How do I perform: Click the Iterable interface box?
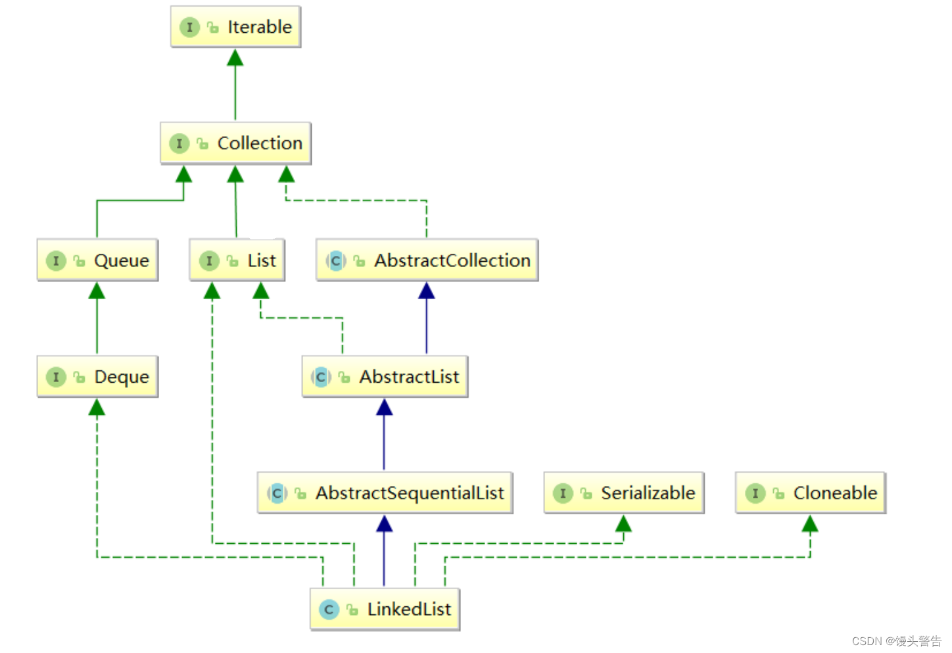click(235, 27)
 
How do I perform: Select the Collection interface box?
click(235, 143)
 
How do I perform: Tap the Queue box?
click(97, 260)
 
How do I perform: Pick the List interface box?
click(237, 260)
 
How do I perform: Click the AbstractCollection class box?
click(427, 260)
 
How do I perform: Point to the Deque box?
click(97, 377)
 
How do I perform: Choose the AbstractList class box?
click(385, 377)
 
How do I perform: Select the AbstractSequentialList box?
click(385, 493)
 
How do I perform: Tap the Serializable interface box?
click(623, 493)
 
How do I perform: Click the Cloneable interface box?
click(810, 493)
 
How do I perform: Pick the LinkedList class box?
click(385, 610)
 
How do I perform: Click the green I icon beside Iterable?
click(189, 28)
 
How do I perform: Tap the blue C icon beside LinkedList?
click(329, 610)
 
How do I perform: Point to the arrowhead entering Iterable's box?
click(235, 58)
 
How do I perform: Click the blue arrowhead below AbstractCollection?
click(427, 291)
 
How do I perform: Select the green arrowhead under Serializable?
click(623, 523)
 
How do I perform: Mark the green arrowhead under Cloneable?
click(810, 523)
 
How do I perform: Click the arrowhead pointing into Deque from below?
click(97, 408)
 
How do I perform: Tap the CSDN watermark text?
click(896, 641)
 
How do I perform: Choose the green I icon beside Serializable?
click(563, 493)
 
